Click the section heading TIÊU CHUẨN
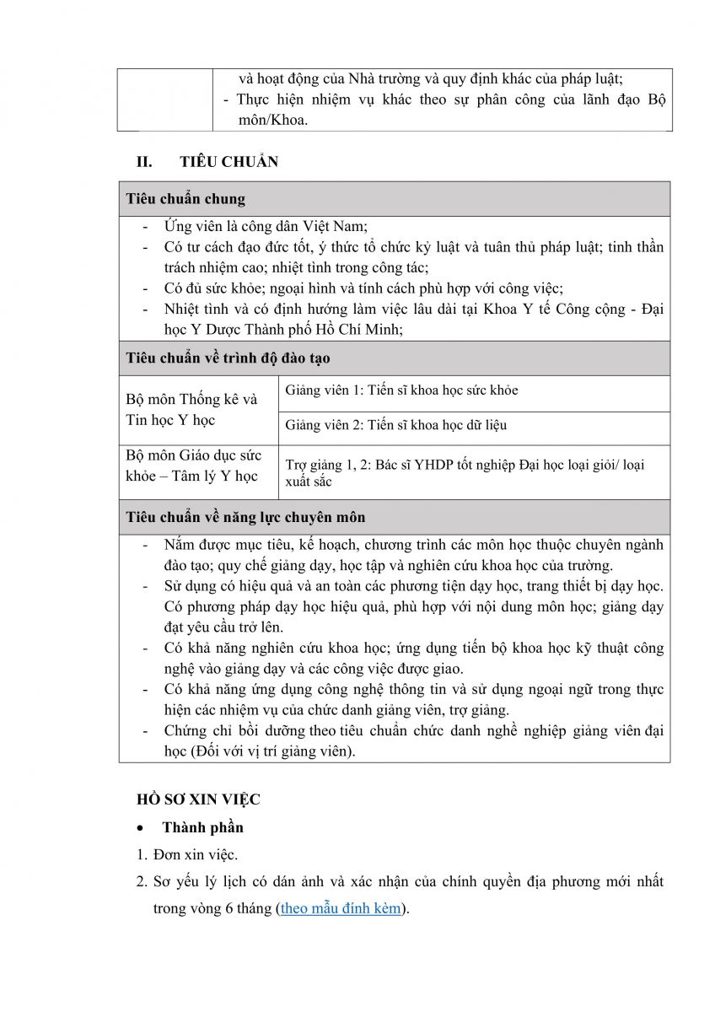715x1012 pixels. [x=228, y=162]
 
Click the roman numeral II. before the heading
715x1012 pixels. [x=145, y=162]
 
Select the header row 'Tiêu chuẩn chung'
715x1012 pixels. [x=185, y=199]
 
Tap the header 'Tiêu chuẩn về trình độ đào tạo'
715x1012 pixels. [x=228, y=358]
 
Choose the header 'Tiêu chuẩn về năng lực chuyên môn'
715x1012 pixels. [x=245, y=517]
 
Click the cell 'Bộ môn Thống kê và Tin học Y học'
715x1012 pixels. [x=191, y=409]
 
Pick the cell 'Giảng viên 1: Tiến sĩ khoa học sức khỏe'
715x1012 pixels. [x=401, y=390]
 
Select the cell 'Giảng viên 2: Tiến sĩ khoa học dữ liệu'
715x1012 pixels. [x=395, y=425]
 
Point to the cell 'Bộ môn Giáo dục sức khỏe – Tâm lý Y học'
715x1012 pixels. [x=191, y=466]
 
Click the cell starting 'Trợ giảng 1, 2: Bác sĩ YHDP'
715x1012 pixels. [x=465, y=472]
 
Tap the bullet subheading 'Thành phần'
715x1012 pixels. [x=202, y=827]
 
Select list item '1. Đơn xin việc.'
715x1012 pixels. [x=187, y=854]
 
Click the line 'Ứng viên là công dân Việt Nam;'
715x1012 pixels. [x=266, y=226]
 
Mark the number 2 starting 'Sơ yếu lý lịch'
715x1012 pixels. [x=142, y=882]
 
